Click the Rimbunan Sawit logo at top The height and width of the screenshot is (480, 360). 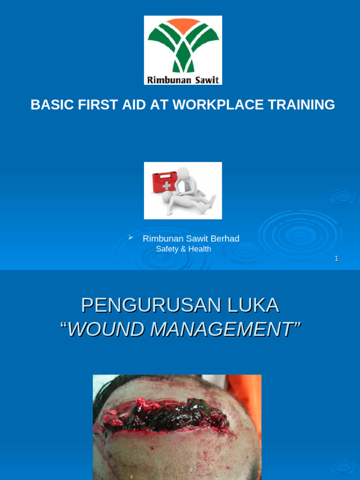click(x=183, y=50)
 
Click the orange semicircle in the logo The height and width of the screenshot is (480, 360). click(x=183, y=23)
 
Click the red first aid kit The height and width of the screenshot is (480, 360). click(x=164, y=182)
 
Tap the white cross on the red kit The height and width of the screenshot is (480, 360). click(x=166, y=186)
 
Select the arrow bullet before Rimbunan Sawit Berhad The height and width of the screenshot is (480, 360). click(x=131, y=238)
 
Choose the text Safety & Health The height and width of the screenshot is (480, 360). click(x=183, y=249)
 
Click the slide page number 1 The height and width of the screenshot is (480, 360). click(x=336, y=258)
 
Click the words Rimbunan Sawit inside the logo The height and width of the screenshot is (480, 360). click(x=183, y=80)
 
